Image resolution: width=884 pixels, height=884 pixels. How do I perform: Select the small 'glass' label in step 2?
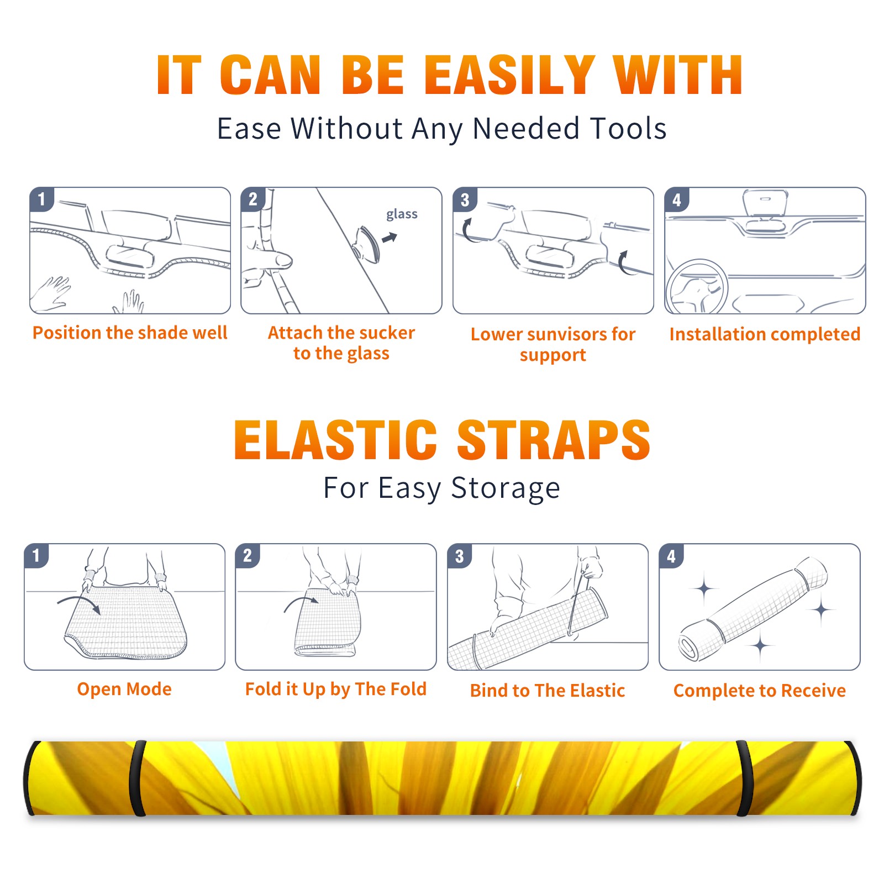(x=402, y=214)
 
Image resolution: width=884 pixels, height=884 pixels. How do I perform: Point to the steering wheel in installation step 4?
(x=696, y=287)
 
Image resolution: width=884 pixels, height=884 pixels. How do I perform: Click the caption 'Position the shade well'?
(x=130, y=333)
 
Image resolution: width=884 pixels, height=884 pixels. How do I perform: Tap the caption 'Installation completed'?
(x=765, y=334)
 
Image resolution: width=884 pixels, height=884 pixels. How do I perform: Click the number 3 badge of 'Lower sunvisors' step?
(x=465, y=200)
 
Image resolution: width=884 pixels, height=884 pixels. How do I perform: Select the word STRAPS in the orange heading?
(x=554, y=440)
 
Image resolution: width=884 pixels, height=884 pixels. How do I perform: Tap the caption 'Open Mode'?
(x=124, y=689)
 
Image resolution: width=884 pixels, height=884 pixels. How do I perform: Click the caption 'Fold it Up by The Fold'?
(x=336, y=689)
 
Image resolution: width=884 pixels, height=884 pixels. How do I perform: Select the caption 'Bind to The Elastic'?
(x=548, y=691)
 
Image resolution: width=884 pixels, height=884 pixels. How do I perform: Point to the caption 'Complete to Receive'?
(x=760, y=691)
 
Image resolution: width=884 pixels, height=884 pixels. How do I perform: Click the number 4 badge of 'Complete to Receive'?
(x=671, y=556)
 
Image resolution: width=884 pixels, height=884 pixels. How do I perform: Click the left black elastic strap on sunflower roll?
(x=137, y=778)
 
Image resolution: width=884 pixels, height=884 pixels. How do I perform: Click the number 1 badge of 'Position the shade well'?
(x=41, y=199)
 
